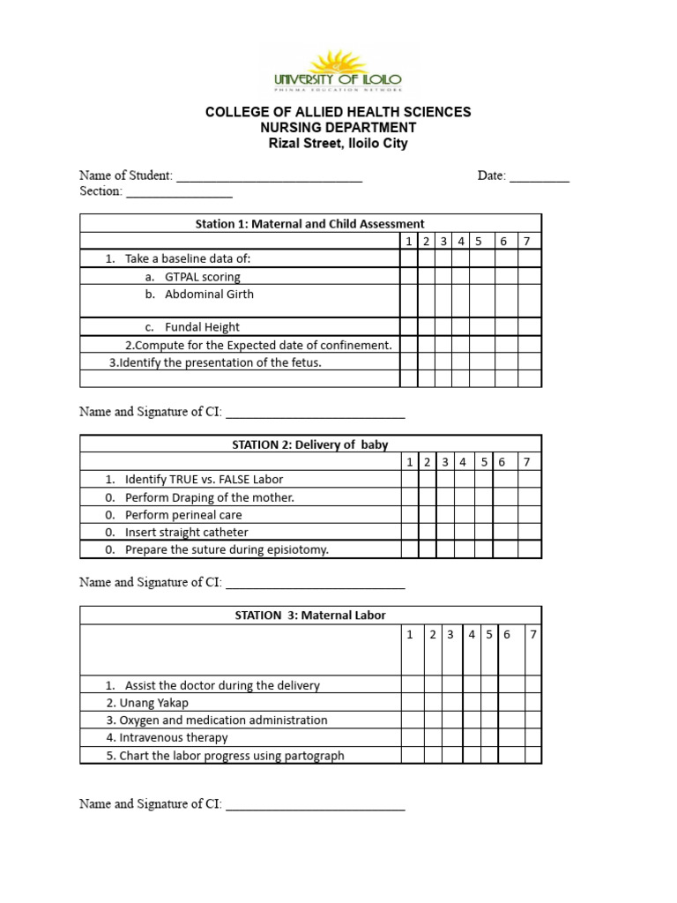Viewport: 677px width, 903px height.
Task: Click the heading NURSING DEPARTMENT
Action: coord(338,128)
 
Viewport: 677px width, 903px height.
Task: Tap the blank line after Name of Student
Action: coord(269,177)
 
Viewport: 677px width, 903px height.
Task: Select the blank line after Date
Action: coord(539,177)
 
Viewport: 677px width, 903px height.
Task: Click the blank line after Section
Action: coord(179,192)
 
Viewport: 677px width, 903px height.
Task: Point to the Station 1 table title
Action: coord(309,224)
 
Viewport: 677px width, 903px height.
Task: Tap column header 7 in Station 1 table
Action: coord(526,242)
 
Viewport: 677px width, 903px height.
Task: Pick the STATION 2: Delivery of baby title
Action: coord(309,445)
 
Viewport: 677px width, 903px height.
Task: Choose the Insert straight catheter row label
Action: coord(186,533)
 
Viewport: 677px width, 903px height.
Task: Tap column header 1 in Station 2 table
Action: coord(410,462)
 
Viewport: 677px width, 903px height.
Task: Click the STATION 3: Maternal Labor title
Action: coord(309,616)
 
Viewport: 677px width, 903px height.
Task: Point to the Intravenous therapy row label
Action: coord(167,738)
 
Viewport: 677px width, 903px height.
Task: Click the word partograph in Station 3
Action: coord(312,756)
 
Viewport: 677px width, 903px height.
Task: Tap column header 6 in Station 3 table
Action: coord(508,634)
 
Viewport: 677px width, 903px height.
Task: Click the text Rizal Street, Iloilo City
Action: coord(338,144)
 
